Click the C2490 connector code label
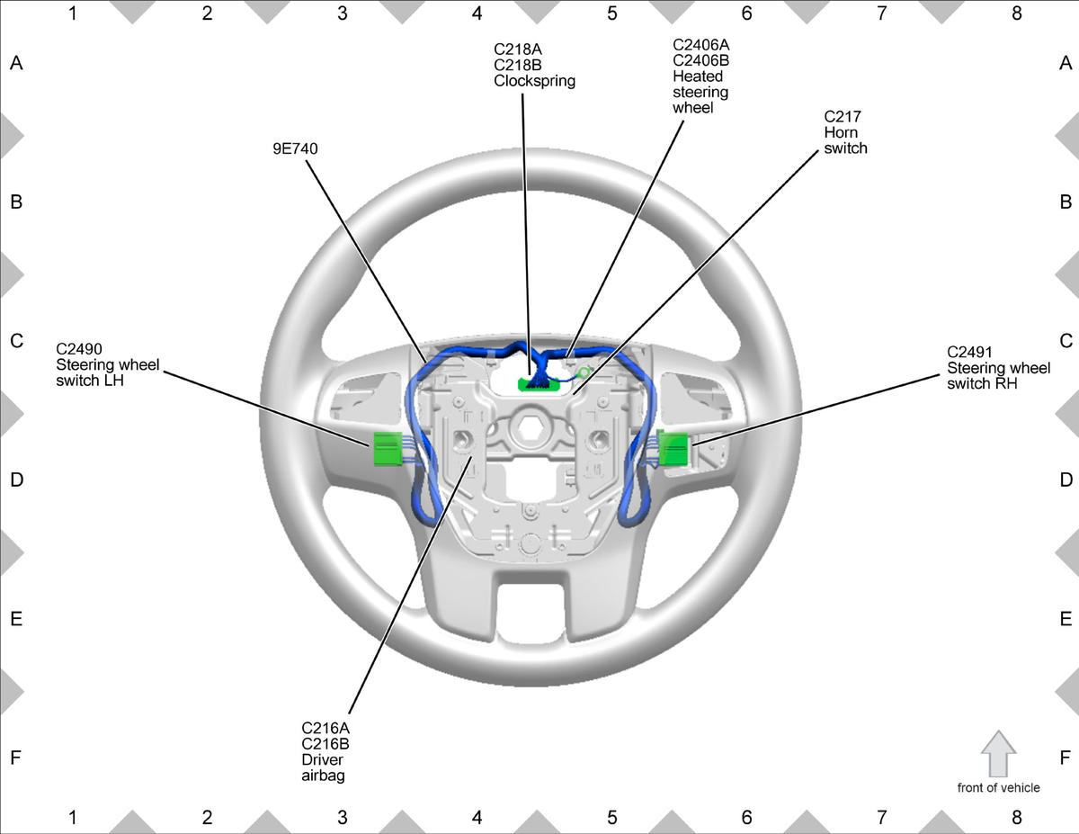(79, 349)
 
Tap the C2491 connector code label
(969, 352)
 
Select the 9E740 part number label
(295, 148)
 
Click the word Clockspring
(534, 81)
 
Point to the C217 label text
(843, 117)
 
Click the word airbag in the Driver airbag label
(323, 776)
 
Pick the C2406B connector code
(700, 60)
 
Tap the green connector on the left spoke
(388, 449)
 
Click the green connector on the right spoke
(673, 449)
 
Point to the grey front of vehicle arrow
(999, 754)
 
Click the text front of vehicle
(998, 788)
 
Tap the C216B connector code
(325, 744)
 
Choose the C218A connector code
(517, 49)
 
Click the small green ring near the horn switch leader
(584, 372)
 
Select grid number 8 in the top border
(1016, 13)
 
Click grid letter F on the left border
(16, 757)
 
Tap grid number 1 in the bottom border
(73, 817)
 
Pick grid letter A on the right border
(1066, 63)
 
